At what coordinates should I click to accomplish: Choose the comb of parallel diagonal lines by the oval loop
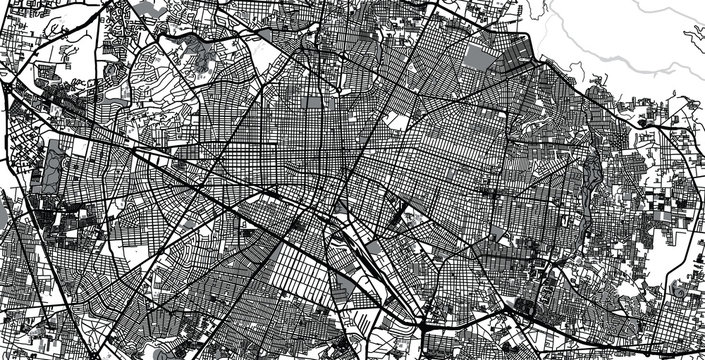[x=385, y=300]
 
